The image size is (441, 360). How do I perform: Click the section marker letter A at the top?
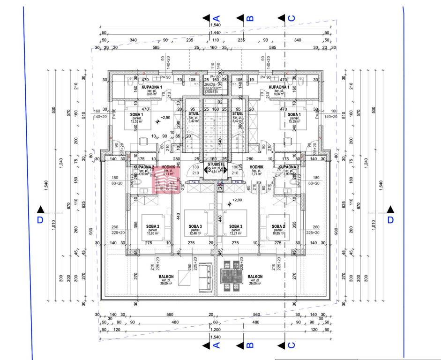217,18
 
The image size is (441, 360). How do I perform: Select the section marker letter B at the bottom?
250,345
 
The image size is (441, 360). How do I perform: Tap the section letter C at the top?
291,18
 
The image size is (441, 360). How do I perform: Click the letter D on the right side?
390,219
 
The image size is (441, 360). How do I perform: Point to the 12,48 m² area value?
194,233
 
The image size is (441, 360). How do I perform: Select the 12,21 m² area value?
236,233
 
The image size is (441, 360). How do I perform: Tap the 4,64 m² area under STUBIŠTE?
216,172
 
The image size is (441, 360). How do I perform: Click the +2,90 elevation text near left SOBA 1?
165,118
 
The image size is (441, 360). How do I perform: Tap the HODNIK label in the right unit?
256,166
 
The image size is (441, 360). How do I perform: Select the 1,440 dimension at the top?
216,33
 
